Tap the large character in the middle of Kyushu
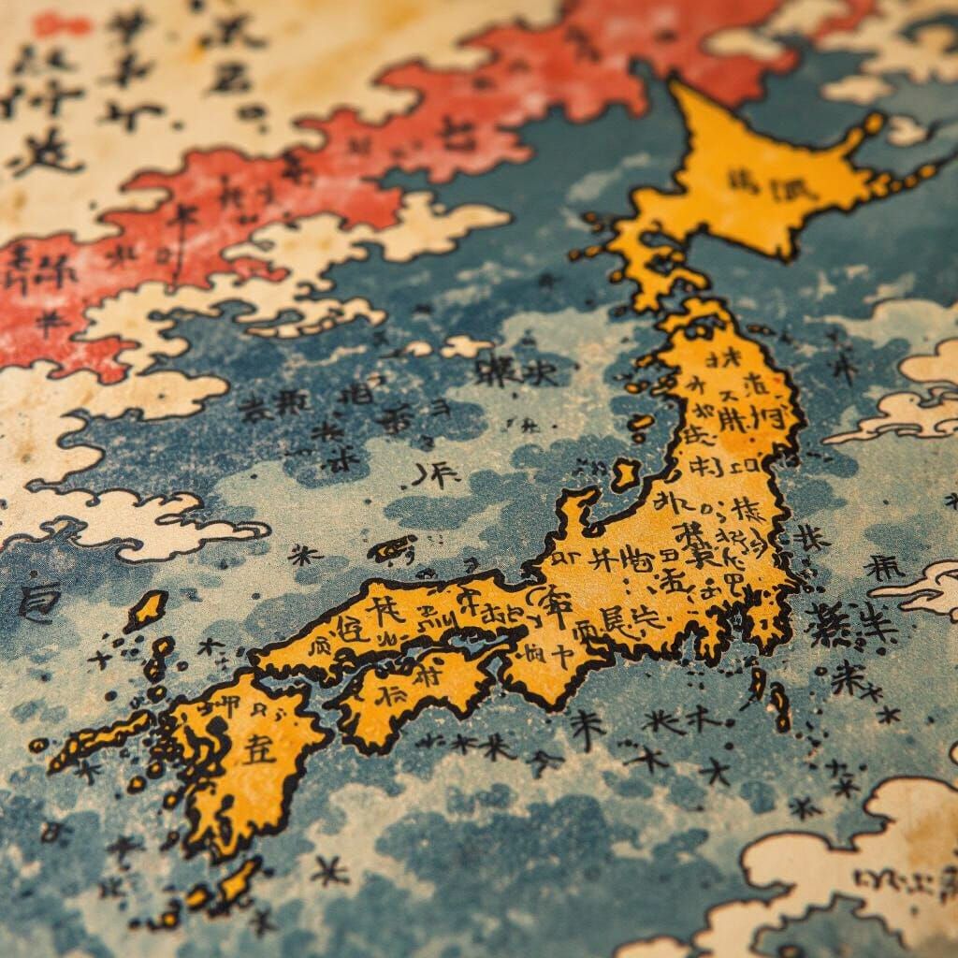[x=259, y=748]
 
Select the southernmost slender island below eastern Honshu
[x=778, y=708]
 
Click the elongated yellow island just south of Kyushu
[x=238, y=879]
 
